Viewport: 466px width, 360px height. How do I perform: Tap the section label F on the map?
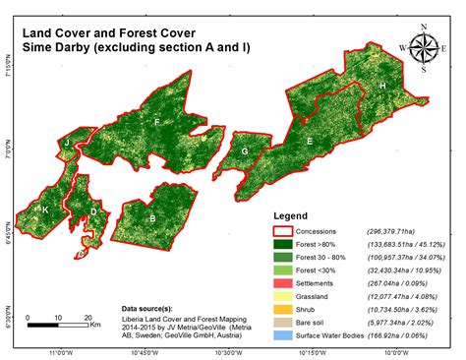(x=156, y=122)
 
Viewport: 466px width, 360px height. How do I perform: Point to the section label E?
(x=310, y=142)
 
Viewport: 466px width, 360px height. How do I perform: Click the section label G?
(x=243, y=151)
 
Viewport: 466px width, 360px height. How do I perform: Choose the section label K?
(x=44, y=210)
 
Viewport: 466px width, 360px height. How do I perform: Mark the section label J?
(x=67, y=145)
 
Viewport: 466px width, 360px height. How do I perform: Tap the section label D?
(x=93, y=210)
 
